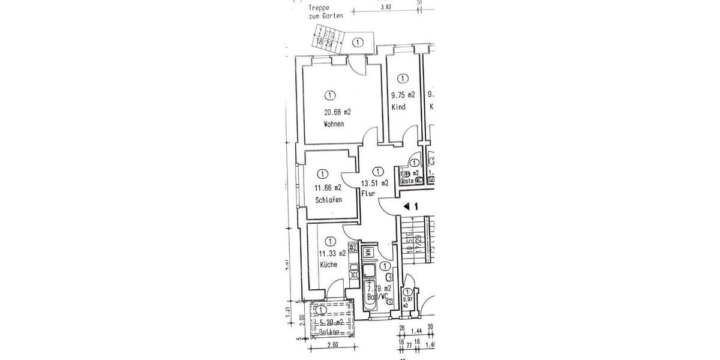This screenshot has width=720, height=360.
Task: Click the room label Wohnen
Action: [x=334, y=124]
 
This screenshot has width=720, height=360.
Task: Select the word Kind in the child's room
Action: [x=398, y=107]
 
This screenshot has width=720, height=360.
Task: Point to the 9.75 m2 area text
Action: [x=403, y=95]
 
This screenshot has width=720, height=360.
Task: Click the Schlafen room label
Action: [x=328, y=200]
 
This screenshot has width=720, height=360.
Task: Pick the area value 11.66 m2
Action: [x=328, y=188]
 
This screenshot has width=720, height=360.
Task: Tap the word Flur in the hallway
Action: [x=368, y=193]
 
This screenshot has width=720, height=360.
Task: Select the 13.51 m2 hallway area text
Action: [x=374, y=183]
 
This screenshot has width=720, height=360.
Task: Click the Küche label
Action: [x=328, y=265]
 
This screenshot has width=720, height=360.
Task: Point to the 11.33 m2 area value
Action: [x=331, y=253]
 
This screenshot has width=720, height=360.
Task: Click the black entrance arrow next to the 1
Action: [x=407, y=206]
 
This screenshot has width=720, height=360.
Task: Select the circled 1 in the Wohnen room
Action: [x=329, y=94]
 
